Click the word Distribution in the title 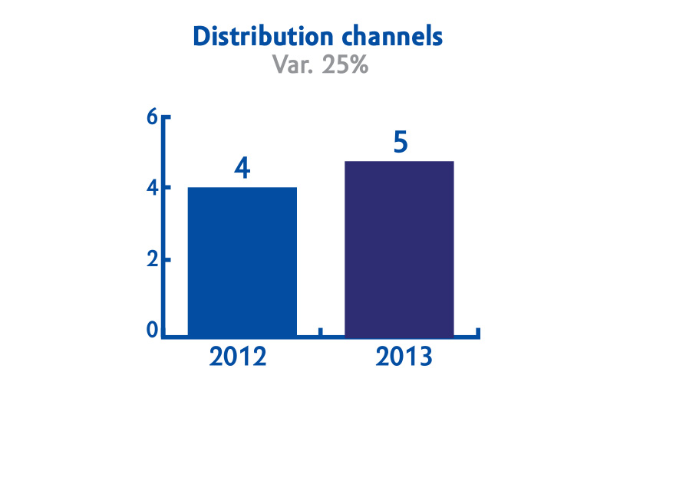[x=263, y=36]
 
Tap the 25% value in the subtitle [x=345, y=64]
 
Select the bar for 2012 [x=242, y=262]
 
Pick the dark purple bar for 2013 [x=399, y=249]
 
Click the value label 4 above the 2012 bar [x=242, y=168]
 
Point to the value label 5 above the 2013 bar [x=401, y=142]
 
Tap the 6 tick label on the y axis [x=152, y=117]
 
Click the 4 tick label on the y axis [x=152, y=188]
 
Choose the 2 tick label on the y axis [x=152, y=260]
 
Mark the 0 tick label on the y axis [x=152, y=330]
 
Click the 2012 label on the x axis [x=238, y=357]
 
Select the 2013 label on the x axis [x=404, y=357]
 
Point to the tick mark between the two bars [x=320, y=332]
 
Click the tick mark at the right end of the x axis [x=478, y=333]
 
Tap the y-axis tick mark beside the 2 [x=167, y=260]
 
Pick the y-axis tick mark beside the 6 [x=167, y=117]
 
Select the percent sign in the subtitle [x=359, y=64]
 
